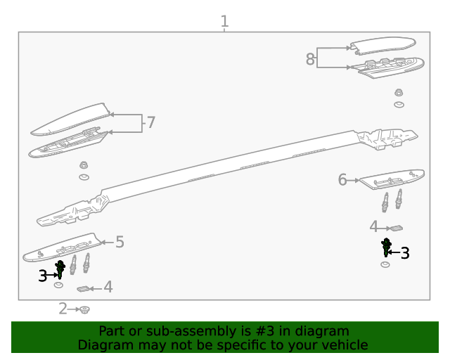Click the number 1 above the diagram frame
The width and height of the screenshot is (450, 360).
[x=224, y=21]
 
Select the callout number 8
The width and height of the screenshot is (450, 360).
[x=310, y=59]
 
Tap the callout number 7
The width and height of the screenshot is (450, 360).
[x=150, y=123]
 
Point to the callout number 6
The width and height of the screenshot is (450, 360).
[x=342, y=180]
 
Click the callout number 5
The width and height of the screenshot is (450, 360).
[x=120, y=242]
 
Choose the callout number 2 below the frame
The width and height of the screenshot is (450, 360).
[x=63, y=308]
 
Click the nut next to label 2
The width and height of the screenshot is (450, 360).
[x=84, y=309]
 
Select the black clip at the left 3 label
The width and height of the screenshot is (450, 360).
[x=60, y=269]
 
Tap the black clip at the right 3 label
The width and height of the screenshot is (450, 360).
[x=386, y=247]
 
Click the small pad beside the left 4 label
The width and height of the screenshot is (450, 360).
[x=85, y=288]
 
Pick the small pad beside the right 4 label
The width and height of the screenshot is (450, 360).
[x=396, y=227]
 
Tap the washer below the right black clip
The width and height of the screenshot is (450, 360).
[x=385, y=264]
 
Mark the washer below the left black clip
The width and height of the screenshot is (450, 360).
[x=59, y=285]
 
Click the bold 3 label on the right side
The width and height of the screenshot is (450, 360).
[x=405, y=253]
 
